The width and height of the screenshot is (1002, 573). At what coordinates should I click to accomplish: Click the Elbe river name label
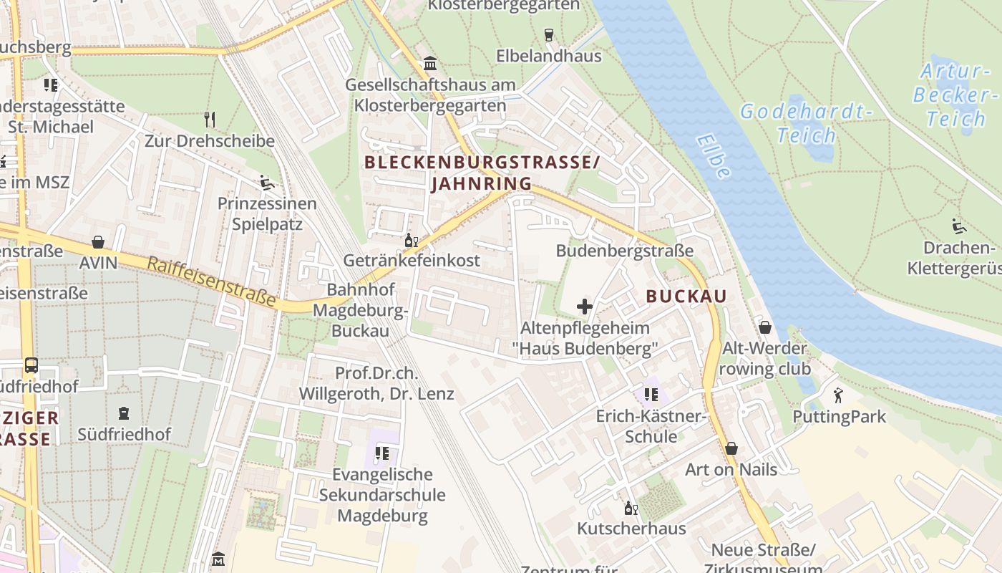(713, 156)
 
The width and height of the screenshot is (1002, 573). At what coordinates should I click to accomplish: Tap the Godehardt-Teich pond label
(806, 123)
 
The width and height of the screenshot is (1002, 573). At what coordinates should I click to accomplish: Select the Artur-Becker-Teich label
(955, 95)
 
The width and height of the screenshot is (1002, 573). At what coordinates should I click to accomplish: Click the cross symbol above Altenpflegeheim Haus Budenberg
(585, 307)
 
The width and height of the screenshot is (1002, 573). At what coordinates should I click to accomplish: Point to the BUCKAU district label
(686, 296)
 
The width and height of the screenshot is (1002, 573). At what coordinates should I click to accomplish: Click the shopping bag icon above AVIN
(98, 242)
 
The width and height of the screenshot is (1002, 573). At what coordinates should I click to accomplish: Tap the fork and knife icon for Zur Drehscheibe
(210, 119)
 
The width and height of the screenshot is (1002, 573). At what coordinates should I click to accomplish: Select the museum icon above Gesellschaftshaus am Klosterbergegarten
(430, 63)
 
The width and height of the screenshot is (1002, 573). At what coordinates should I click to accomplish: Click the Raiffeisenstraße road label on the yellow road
(211, 282)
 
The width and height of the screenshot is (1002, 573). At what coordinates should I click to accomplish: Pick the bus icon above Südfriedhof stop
(31, 365)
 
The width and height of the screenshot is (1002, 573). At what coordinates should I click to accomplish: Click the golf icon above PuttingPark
(838, 395)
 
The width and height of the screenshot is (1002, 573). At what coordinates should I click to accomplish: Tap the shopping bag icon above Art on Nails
(731, 448)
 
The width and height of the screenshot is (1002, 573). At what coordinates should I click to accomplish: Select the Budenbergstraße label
(625, 251)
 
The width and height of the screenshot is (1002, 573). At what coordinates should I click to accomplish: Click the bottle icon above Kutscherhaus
(631, 508)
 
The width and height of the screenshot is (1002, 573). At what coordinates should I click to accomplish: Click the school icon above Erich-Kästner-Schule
(651, 395)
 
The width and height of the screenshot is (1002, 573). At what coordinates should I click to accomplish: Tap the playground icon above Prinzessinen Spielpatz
(267, 183)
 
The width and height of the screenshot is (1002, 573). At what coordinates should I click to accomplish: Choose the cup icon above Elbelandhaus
(549, 34)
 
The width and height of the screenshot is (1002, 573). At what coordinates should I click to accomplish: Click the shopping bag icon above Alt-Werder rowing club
(765, 327)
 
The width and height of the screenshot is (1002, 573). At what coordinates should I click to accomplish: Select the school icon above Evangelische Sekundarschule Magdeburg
(382, 453)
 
